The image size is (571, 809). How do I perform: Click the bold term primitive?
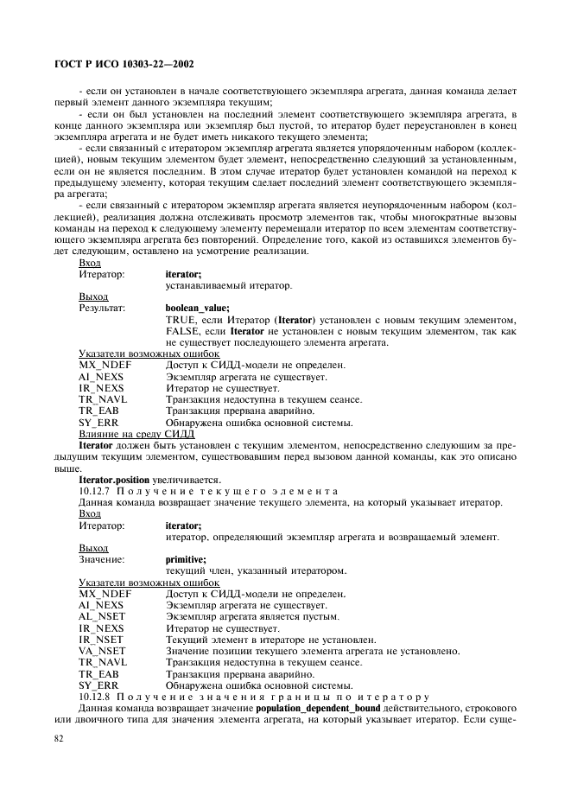185,559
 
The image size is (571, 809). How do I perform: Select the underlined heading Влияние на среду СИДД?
130,433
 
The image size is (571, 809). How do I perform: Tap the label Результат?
102,307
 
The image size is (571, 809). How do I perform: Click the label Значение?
101,559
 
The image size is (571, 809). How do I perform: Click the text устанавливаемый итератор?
228,284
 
